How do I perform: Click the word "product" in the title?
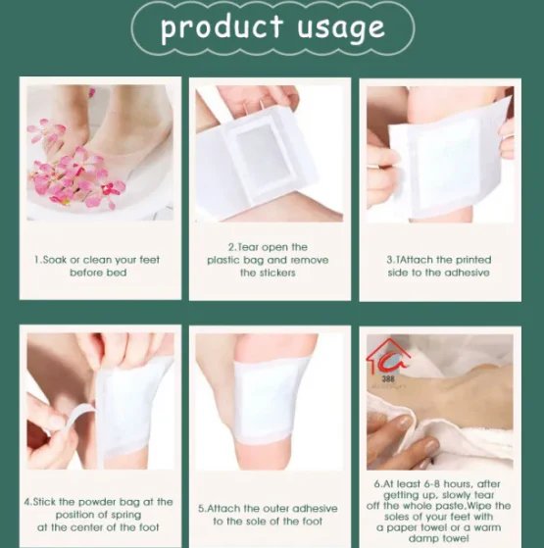[x=222, y=27]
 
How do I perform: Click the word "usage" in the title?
[x=341, y=29]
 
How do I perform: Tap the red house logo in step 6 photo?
[x=386, y=356]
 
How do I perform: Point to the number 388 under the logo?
[x=388, y=378]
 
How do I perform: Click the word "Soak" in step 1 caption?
[x=54, y=260]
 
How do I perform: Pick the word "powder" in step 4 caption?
[x=97, y=502]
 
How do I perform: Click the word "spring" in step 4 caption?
[x=125, y=515]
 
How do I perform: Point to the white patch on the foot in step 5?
[x=269, y=397]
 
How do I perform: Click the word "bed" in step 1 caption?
[x=117, y=273]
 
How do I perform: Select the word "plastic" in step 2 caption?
[x=223, y=260]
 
